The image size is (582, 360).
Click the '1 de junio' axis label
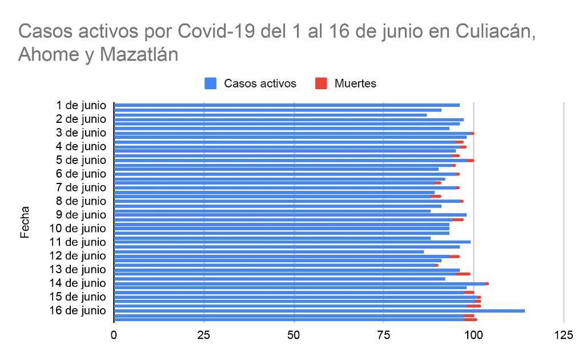[x=81, y=105]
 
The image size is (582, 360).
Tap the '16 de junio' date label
[x=78, y=310]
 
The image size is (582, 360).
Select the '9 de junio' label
[x=81, y=215]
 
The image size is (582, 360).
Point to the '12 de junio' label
[x=78, y=255]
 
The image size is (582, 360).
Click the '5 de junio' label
[x=81, y=160]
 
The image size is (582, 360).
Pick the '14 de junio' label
[x=78, y=283]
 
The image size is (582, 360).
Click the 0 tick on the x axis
[x=114, y=335]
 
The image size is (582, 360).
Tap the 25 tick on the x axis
[x=204, y=335]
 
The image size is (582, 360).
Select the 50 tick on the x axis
[x=294, y=335]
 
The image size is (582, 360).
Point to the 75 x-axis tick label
[x=383, y=335]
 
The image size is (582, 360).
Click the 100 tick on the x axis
[x=473, y=335]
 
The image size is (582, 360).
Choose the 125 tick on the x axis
[x=563, y=335]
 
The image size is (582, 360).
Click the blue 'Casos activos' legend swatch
[x=211, y=83]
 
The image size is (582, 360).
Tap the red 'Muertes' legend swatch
[x=321, y=83]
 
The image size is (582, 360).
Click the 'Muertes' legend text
[x=355, y=83]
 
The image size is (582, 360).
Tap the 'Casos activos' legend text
[x=260, y=83]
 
